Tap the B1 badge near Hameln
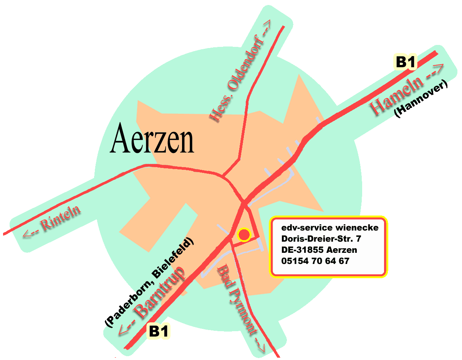pos(406,62)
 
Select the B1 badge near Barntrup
pos(159,331)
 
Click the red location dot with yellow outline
pos(244,234)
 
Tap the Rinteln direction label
pos(61,219)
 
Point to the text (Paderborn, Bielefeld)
pos(150,282)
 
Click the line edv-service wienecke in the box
pos(330,227)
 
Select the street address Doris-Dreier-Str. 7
pos(321,239)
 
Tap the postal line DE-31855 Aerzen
pos(319,250)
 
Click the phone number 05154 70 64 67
pos(315,261)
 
